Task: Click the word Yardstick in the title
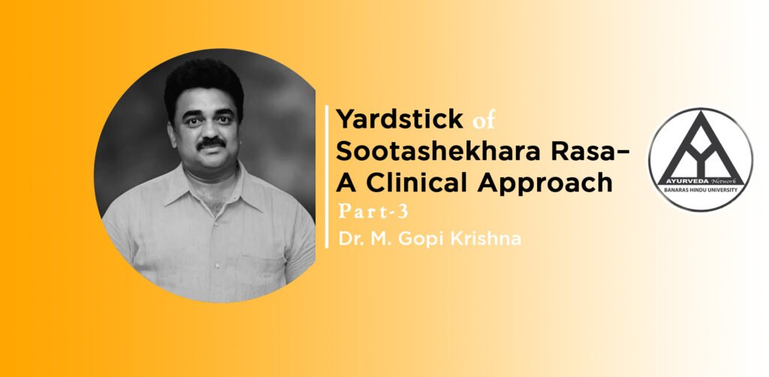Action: point(400,119)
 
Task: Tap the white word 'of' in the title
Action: point(484,120)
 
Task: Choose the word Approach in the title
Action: point(545,184)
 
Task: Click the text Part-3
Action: point(373,212)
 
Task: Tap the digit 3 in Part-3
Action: point(403,212)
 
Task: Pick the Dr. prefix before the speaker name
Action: point(347,239)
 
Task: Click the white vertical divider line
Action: point(327,176)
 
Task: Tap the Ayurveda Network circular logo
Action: point(700,159)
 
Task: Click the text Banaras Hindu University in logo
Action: point(700,188)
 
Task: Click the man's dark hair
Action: point(204,83)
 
